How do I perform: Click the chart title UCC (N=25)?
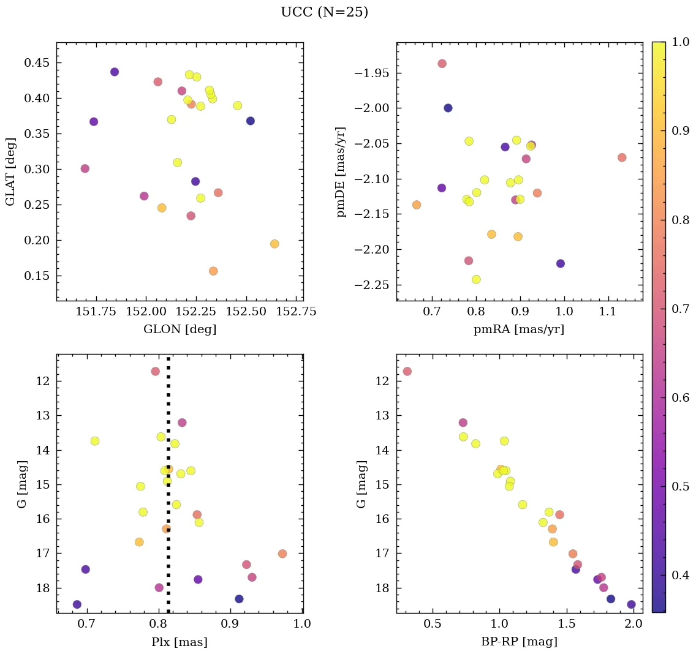coord(324,12)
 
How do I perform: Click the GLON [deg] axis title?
coord(180,329)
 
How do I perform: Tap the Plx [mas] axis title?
coord(180,642)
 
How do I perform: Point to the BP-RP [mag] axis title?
coord(519,642)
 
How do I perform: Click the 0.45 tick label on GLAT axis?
coord(38,63)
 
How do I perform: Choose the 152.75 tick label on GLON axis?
coord(297,311)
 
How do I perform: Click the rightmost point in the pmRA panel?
coord(622,157)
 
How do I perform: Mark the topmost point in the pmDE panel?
coord(442,64)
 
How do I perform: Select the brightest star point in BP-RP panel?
coord(407,371)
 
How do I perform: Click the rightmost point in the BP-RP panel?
coord(631,604)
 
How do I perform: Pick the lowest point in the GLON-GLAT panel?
coord(213,271)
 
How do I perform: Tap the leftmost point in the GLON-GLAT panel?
coord(85,168)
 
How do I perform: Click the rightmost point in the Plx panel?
coord(282,554)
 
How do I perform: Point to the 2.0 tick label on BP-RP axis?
coord(634,623)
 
